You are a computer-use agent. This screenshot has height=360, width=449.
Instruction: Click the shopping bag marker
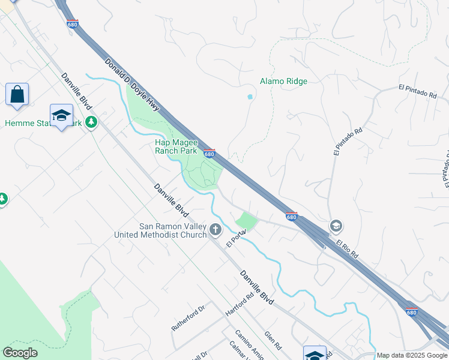coord(17,95)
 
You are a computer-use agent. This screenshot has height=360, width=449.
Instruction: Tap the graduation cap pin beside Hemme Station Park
coord(61,116)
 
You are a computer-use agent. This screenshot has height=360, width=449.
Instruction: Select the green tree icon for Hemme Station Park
coord(91,122)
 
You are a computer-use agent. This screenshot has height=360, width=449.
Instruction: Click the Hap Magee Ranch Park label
coord(176,146)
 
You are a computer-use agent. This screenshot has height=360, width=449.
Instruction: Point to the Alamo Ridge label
coord(283,81)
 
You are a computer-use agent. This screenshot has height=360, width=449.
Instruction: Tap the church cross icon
coord(215,230)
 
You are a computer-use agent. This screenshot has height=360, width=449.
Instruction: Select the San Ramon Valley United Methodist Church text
coord(160,230)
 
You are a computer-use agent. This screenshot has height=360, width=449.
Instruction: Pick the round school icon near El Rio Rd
coord(336,226)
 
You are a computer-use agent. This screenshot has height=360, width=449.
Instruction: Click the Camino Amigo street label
coord(249,346)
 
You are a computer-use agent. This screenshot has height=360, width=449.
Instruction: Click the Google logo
coord(20,353)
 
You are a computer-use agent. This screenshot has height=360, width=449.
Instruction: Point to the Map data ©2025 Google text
coord(411,355)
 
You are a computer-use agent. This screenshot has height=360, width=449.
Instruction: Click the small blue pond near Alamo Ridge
coord(250,97)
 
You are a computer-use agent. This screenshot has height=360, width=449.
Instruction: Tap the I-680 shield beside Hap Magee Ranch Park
coord(209,154)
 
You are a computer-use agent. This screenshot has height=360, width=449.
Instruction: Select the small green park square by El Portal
coord(246,221)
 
